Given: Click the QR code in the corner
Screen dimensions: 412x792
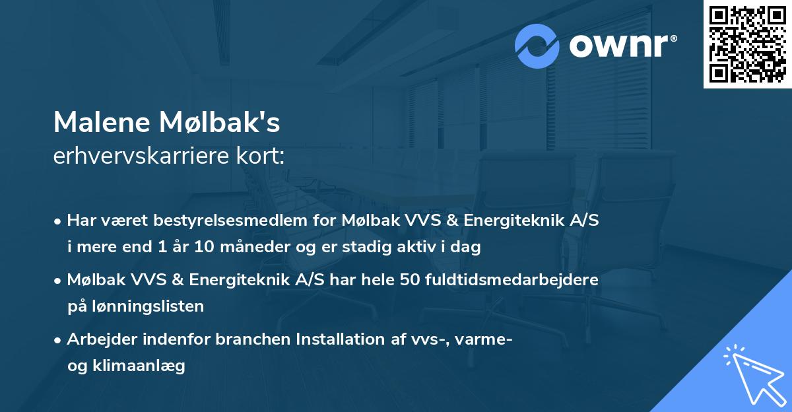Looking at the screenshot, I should click(747, 44).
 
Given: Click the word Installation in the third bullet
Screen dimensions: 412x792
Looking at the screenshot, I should click(334, 339).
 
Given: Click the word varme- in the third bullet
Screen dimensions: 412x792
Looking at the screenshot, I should click(488, 339).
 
